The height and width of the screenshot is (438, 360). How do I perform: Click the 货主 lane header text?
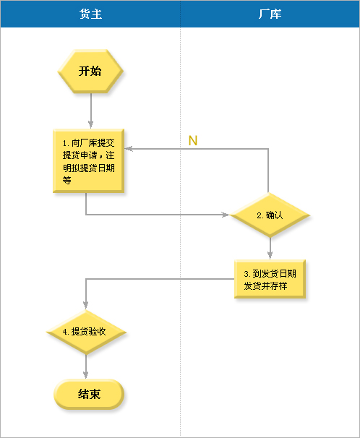coord(91,14)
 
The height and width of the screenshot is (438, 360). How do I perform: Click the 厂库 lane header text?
coord(270,14)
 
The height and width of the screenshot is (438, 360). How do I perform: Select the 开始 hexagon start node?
coord(90,72)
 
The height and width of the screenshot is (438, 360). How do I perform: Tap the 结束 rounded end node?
coord(89,394)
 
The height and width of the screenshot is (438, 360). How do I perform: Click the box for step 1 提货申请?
coord(88,161)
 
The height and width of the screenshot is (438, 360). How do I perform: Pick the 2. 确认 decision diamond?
coord(270,215)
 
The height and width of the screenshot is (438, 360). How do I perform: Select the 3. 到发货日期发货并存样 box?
coord(270,279)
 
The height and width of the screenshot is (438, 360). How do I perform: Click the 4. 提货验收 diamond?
coord(86,332)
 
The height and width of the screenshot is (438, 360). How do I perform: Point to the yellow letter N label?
coord(193,140)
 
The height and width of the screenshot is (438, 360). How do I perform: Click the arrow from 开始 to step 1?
coord(91,111)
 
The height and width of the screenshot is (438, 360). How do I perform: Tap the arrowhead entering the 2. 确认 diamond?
coord(225,215)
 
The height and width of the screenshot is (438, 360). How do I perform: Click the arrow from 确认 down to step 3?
coord(270,249)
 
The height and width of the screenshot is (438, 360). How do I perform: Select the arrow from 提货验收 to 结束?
coord(86,366)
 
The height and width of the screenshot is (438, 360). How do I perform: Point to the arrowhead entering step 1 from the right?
coord(129,149)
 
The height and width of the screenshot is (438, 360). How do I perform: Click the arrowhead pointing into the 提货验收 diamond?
coord(86,305)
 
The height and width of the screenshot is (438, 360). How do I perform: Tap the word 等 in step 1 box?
coord(67,180)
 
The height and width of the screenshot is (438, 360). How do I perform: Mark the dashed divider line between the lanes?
coord(181,232)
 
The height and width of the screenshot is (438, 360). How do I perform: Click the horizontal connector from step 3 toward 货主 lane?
coord(160,279)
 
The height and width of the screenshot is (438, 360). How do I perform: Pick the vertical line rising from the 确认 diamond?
coord(268,171)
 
